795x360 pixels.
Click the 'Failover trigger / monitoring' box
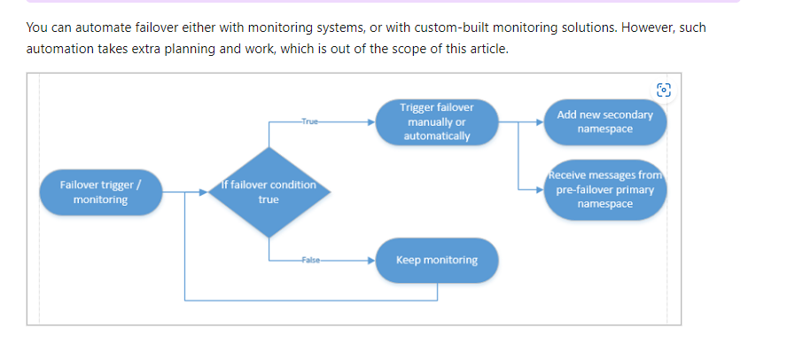[100, 192]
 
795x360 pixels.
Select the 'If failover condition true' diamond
[269, 192]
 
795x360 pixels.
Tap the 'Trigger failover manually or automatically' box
[436, 121]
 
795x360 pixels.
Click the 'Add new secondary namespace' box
[604, 121]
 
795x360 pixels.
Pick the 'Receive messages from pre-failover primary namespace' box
[604, 190]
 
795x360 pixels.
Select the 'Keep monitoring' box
[436, 260]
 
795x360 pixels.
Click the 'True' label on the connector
[308, 121]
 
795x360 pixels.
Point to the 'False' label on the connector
[309, 261]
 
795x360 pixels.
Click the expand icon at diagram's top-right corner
[664, 89]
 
